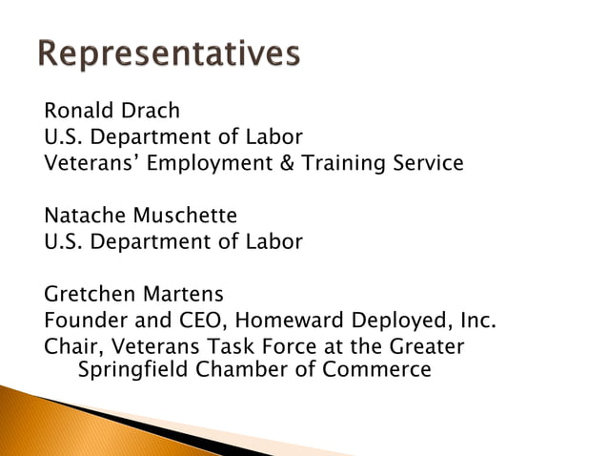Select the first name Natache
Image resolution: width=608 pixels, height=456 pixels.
click(x=83, y=215)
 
